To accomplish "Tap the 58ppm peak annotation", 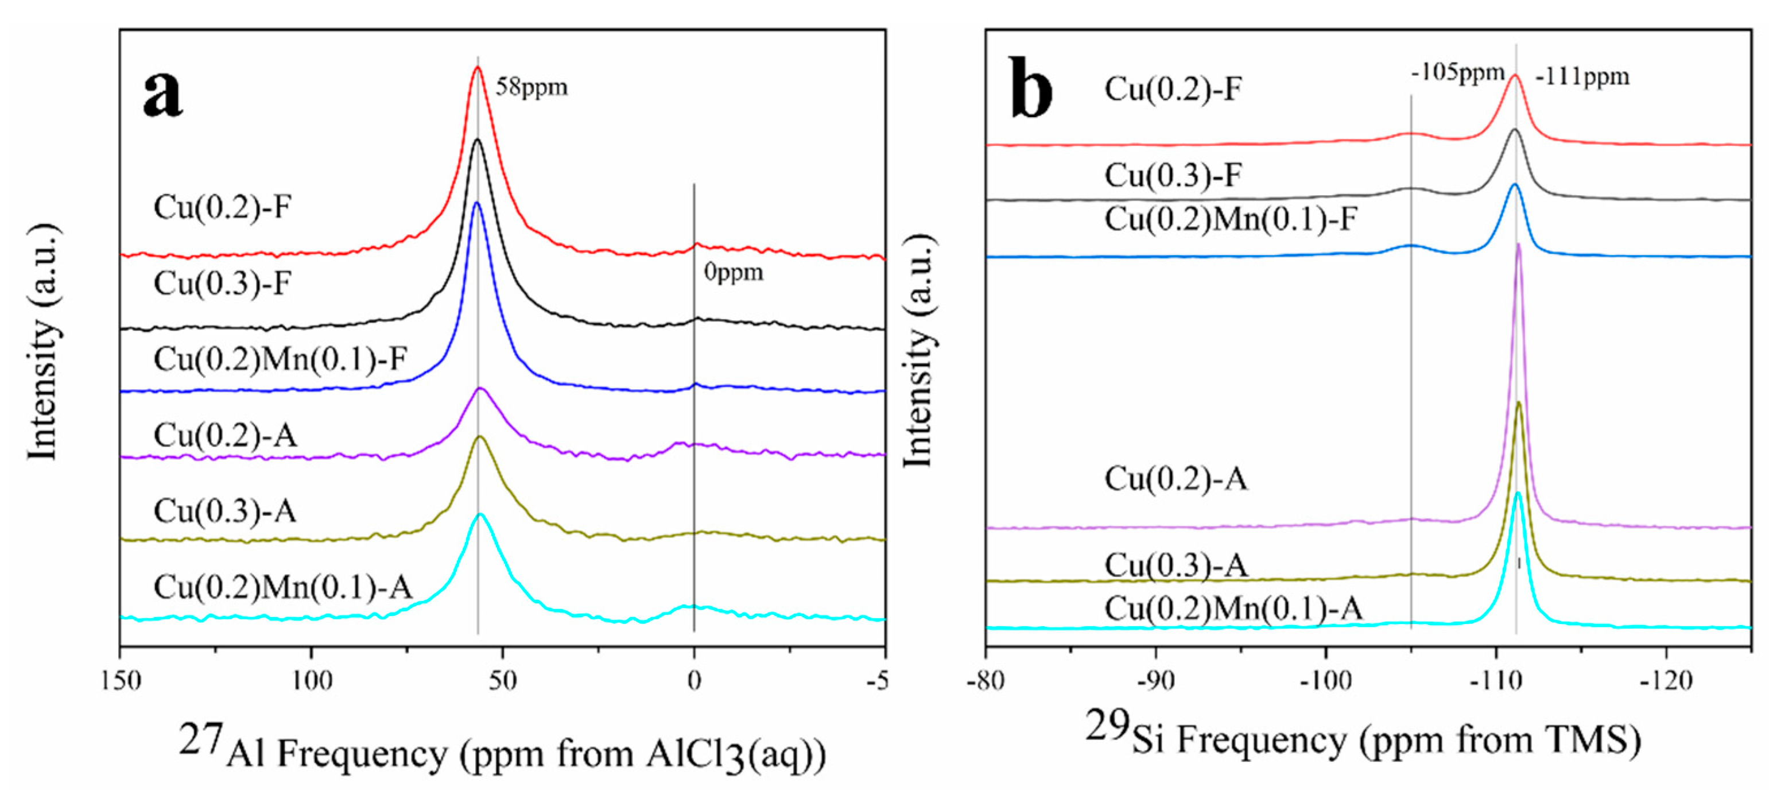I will point(532,87).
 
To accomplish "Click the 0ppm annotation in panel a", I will point(734,273).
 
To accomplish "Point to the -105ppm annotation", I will point(1457,72).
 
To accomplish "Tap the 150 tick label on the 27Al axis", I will point(121,681).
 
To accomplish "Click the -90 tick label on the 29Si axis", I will point(1156,681).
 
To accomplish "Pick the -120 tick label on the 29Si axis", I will point(1666,681).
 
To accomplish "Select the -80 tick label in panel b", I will point(986,681).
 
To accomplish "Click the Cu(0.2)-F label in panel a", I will point(223,207).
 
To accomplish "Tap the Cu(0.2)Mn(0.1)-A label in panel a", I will point(282,587).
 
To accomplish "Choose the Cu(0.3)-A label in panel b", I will point(1175,565).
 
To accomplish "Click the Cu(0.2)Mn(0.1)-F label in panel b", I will point(1231,220).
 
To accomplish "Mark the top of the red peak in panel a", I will point(478,67).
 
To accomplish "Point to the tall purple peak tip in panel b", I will point(1518,245).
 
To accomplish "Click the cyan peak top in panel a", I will point(480,514).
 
